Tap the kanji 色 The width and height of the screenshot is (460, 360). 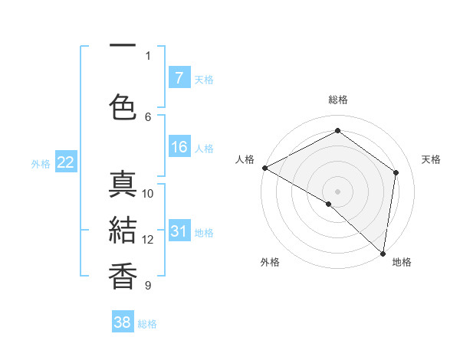click(x=123, y=106)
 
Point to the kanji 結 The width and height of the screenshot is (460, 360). click(x=123, y=231)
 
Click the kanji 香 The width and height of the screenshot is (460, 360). click(x=123, y=277)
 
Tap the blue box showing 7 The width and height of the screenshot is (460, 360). click(x=179, y=77)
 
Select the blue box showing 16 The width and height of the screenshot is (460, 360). click(x=179, y=147)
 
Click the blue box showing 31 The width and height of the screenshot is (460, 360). click(x=179, y=231)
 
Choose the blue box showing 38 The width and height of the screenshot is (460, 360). click(x=122, y=322)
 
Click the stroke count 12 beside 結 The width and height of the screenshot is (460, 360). click(x=148, y=240)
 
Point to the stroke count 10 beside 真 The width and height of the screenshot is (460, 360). click(x=148, y=193)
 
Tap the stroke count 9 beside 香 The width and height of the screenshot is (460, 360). click(x=148, y=286)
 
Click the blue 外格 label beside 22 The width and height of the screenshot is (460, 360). click(x=41, y=163)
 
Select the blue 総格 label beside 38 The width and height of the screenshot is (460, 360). click(x=147, y=324)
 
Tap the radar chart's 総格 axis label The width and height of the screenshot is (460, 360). click(x=337, y=100)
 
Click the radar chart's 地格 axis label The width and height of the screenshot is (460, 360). click(x=402, y=262)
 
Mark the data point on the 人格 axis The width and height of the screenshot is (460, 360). click(x=264, y=168)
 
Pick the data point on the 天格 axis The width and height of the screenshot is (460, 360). click(x=396, y=172)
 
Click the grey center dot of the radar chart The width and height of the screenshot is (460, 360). click(x=337, y=191)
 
